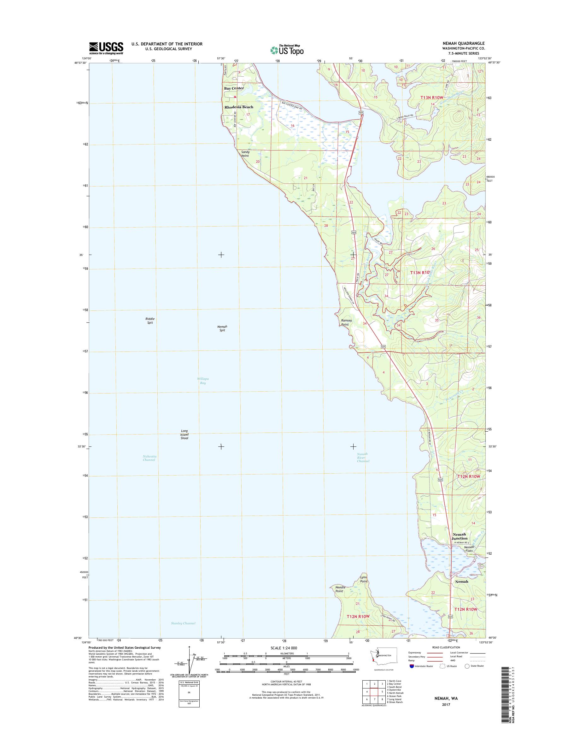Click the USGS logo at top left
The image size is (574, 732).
[x=106, y=48]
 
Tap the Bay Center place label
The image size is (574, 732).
[x=234, y=88]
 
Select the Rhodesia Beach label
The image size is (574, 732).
[x=239, y=107]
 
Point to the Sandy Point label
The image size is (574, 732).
[x=245, y=154]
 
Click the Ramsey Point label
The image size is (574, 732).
[x=346, y=322]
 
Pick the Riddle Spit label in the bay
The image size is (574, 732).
[x=150, y=321]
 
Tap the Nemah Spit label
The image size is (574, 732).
[x=222, y=328]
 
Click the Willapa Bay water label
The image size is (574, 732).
[x=203, y=381]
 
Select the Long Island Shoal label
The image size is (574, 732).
[x=184, y=434]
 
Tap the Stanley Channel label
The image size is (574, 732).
[x=183, y=623]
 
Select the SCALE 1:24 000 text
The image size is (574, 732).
[x=284, y=648]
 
